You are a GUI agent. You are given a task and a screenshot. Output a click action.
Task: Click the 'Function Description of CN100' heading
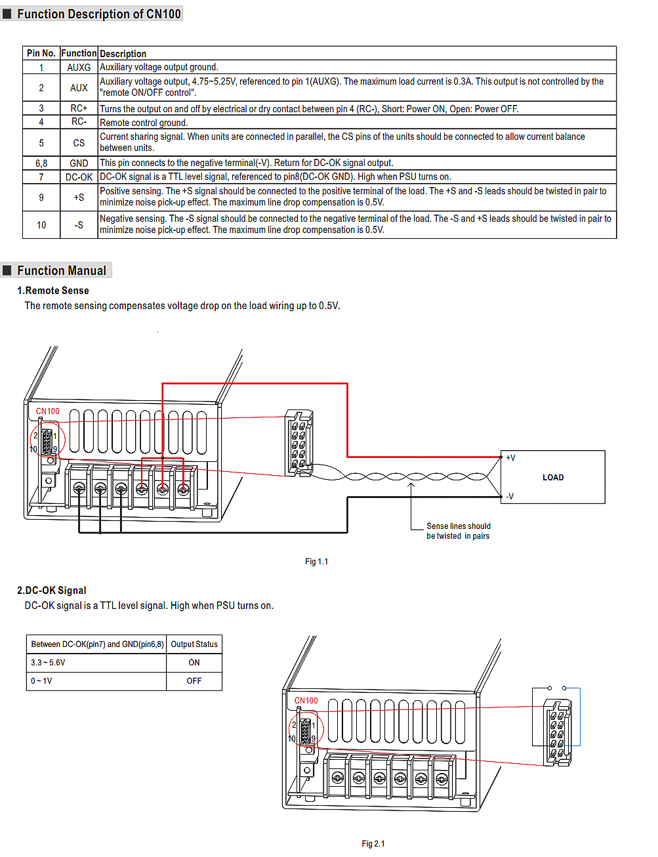[98, 14]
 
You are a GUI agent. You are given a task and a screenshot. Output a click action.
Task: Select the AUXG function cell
[79, 67]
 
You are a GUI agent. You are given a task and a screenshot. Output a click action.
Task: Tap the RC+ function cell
[79, 108]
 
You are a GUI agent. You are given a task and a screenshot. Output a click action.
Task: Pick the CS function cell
[79, 142]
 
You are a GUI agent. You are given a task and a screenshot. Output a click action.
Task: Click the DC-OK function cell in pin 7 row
[79, 177]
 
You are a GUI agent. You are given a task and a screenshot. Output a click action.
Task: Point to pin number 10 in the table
[41, 225]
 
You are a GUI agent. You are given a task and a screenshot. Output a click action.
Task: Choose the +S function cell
[79, 198]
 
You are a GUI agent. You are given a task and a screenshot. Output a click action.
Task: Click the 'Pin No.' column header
[41, 53]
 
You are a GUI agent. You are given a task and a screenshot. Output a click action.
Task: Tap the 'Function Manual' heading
[61, 270]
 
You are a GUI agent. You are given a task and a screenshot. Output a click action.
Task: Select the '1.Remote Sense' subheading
[53, 291]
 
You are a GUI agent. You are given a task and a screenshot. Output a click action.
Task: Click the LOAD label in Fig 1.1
[553, 478]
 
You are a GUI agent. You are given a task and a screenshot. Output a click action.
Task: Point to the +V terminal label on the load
[510, 458]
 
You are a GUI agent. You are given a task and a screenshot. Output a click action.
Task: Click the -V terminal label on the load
[510, 497]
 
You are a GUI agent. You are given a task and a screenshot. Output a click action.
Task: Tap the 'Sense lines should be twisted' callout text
[458, 531]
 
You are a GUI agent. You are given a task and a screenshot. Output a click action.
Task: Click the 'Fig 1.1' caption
[316, 562]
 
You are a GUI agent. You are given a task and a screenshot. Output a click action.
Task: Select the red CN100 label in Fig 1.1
[47, 411]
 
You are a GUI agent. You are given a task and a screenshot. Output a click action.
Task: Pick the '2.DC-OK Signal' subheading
[52, 591]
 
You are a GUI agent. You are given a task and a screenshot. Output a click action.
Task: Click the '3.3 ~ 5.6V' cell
[48, 663]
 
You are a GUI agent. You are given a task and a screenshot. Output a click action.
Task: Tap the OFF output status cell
[194, 681]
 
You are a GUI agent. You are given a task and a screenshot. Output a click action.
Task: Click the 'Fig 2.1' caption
[373, 844]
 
